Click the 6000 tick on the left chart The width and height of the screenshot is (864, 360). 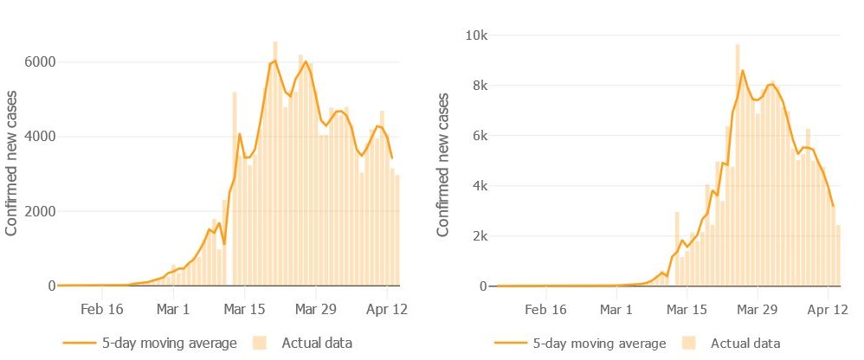[x=39, y=62]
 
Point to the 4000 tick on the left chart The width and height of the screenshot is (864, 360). [x=39, y=137]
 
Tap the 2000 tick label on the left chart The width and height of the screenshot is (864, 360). [x=39, y=211]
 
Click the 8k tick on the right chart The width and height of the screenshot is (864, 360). [x=477, y=86]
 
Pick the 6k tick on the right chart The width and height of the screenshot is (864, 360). [x=477, y=136]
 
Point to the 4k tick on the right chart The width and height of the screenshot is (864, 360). [x=477, y=186]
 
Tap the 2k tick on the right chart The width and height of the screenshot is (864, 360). [x=477, y=236]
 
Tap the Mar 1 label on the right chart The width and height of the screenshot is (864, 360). [x=616, y=308]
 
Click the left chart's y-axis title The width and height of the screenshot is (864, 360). [x=12, y=164]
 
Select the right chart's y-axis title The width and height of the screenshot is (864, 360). [x=443, y=164]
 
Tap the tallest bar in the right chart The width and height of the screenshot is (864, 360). [x=738, y=164]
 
